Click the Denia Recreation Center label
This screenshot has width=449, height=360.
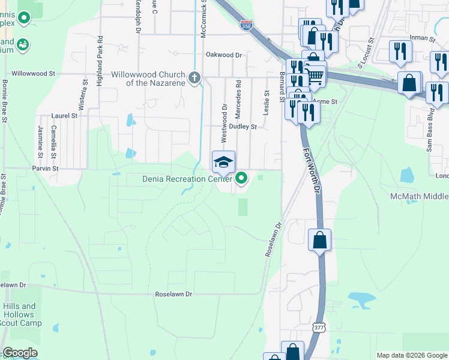tap(187, 179)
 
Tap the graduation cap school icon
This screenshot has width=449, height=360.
tap(223, 162)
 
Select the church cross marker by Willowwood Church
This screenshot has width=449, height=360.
tap(194, 77)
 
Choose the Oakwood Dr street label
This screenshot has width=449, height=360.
tap(223, 55)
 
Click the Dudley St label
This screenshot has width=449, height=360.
tap(245, 127)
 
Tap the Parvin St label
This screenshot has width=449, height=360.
tap(46, 169)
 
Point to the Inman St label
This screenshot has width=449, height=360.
tap(422, 38)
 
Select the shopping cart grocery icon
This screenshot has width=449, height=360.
tap(315, 76)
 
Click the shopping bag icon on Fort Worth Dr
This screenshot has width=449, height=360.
tap(319, 240)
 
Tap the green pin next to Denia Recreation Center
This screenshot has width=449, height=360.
tap(242, 178)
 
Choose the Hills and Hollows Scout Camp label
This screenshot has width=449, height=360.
tap(19, 314)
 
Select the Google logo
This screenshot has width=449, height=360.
tap(20, 353)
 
